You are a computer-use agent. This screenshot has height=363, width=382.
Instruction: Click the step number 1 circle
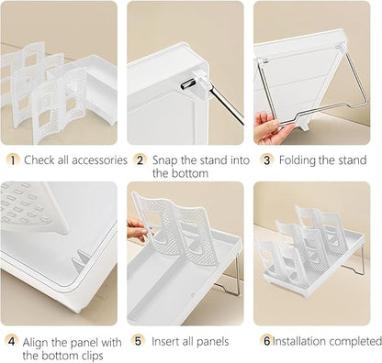pyautogui.click(x=13, y=160)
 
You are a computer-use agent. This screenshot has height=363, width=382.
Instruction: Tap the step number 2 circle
pyautogui.click(x=140, y=160)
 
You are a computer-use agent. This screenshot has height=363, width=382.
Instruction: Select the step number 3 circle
pyautogui.click(x=266, y=160)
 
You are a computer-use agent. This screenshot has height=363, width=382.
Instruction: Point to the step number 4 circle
pyautogui.click(x=11, y=341)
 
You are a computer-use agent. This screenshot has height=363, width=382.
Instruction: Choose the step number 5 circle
pyautogui.click(x=138, y=340)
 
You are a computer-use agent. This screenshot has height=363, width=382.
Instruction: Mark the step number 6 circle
pyautogui.click(x=266, y=340)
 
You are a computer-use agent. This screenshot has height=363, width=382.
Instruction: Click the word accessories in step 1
pyautogui.click(x=99, y=160)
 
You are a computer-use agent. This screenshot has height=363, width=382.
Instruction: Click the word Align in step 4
pyautogui.click(x=36, y=342)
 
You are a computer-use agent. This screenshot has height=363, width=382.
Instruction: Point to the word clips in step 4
pyautogui.click(x=92, y=356)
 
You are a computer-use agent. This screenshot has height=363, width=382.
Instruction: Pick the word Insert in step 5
pyautogui.click(x=165, y=341)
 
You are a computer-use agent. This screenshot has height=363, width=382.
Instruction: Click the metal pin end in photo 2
pyautogui.click(x=187, y=83)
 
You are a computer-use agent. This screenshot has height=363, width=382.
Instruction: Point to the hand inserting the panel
pyautogui.click(x=137, y=230)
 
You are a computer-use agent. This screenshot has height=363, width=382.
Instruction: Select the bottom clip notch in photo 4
pyautogui.click(x=80, y=260)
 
